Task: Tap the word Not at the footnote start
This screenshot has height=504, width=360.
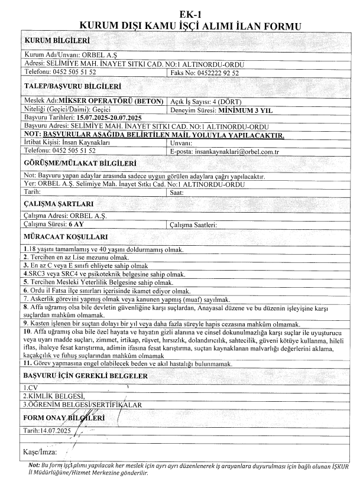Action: tap(34, 466)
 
